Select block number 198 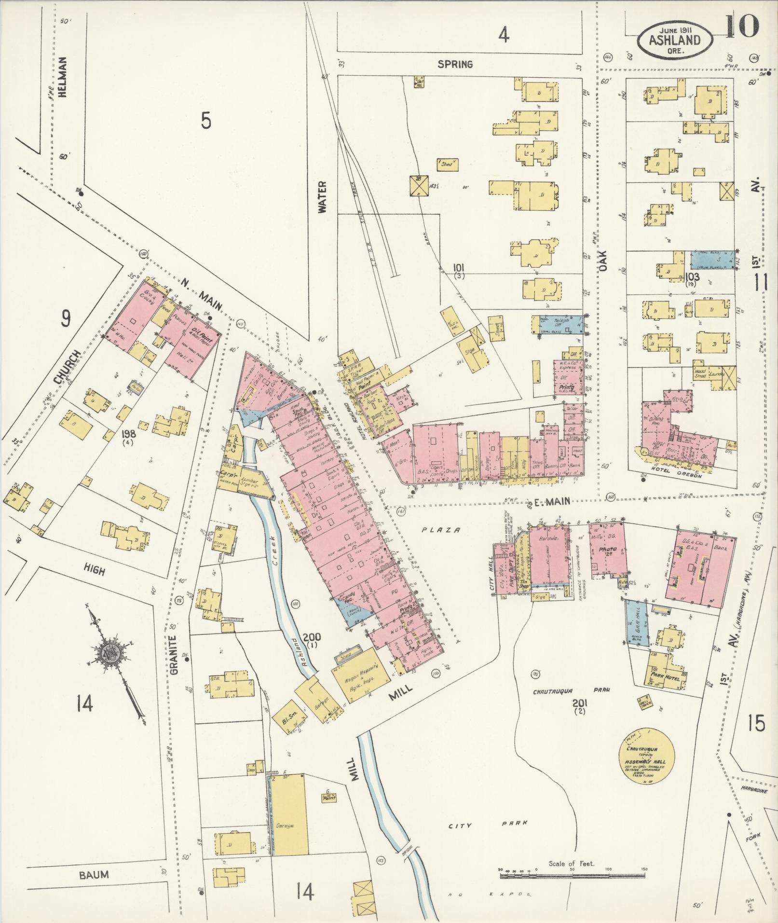click(129, 434)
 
